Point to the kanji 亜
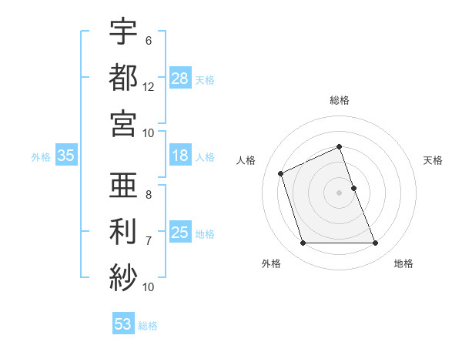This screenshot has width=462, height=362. (123, 185)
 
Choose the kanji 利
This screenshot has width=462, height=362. (123, 230)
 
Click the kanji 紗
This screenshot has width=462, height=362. (123, 275)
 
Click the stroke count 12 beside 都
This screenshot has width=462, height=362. (149, 86)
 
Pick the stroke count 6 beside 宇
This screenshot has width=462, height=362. (148, 41)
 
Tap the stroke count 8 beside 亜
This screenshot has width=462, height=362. (148, 195)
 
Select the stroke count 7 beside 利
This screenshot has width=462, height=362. (148, 241)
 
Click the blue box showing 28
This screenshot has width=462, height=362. (180, 79)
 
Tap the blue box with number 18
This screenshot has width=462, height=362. (180, 156)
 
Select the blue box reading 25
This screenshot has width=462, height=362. (180, 233)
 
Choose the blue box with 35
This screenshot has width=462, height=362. (66, 156)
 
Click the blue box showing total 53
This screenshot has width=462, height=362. (123, 324)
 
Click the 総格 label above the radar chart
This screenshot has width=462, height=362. (340, 100)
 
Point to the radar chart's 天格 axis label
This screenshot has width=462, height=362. (434, 160)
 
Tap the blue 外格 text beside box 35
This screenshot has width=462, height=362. (41, 157)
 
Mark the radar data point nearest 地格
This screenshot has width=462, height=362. (376, 243)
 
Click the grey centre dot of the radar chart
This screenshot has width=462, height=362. (340, 193)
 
